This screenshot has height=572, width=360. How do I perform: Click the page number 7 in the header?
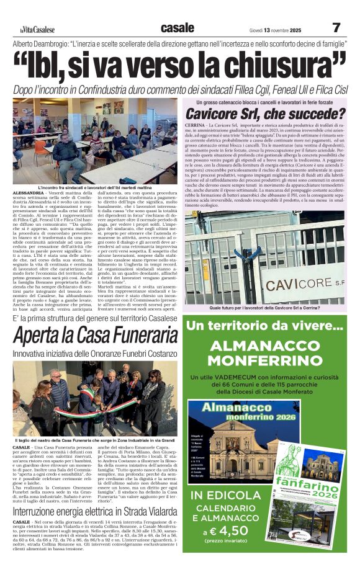(x=336, y=28)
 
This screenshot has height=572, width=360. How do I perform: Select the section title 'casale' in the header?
(x=177, y=27)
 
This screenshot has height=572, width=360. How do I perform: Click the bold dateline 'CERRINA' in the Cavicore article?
(x=196, y=125)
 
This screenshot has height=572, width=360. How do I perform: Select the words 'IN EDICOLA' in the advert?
(x=231, y=495)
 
